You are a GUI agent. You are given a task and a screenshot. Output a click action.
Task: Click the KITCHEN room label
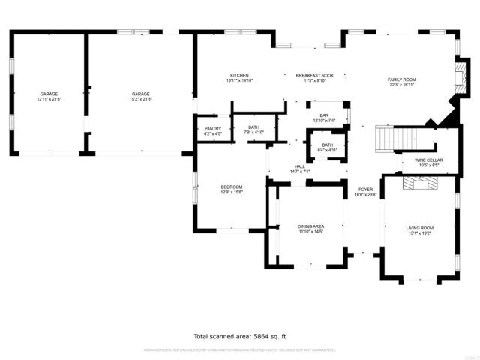click(x=239, y=76)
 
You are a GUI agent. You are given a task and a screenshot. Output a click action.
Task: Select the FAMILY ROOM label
click(x=401, y=79)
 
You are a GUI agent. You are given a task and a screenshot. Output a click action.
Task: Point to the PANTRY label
click(x=212, y=128)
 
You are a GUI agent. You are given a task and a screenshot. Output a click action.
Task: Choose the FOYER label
click(x=365, y=190)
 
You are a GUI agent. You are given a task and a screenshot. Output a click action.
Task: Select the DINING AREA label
click(x=310, y=226)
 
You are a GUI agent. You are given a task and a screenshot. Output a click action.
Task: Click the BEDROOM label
click(x=232, y=187)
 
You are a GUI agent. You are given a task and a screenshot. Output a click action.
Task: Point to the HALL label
click(x=299, y=166)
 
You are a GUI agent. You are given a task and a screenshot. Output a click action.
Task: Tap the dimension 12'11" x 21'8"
click(x=49, y=98)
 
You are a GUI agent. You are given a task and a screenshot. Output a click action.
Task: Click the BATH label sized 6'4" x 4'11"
click(x=328, y=150)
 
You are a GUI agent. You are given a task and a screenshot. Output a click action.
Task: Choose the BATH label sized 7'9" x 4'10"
click(x=253, y=132)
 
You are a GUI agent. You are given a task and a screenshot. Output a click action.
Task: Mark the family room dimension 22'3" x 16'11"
click(x=401, y=84)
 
